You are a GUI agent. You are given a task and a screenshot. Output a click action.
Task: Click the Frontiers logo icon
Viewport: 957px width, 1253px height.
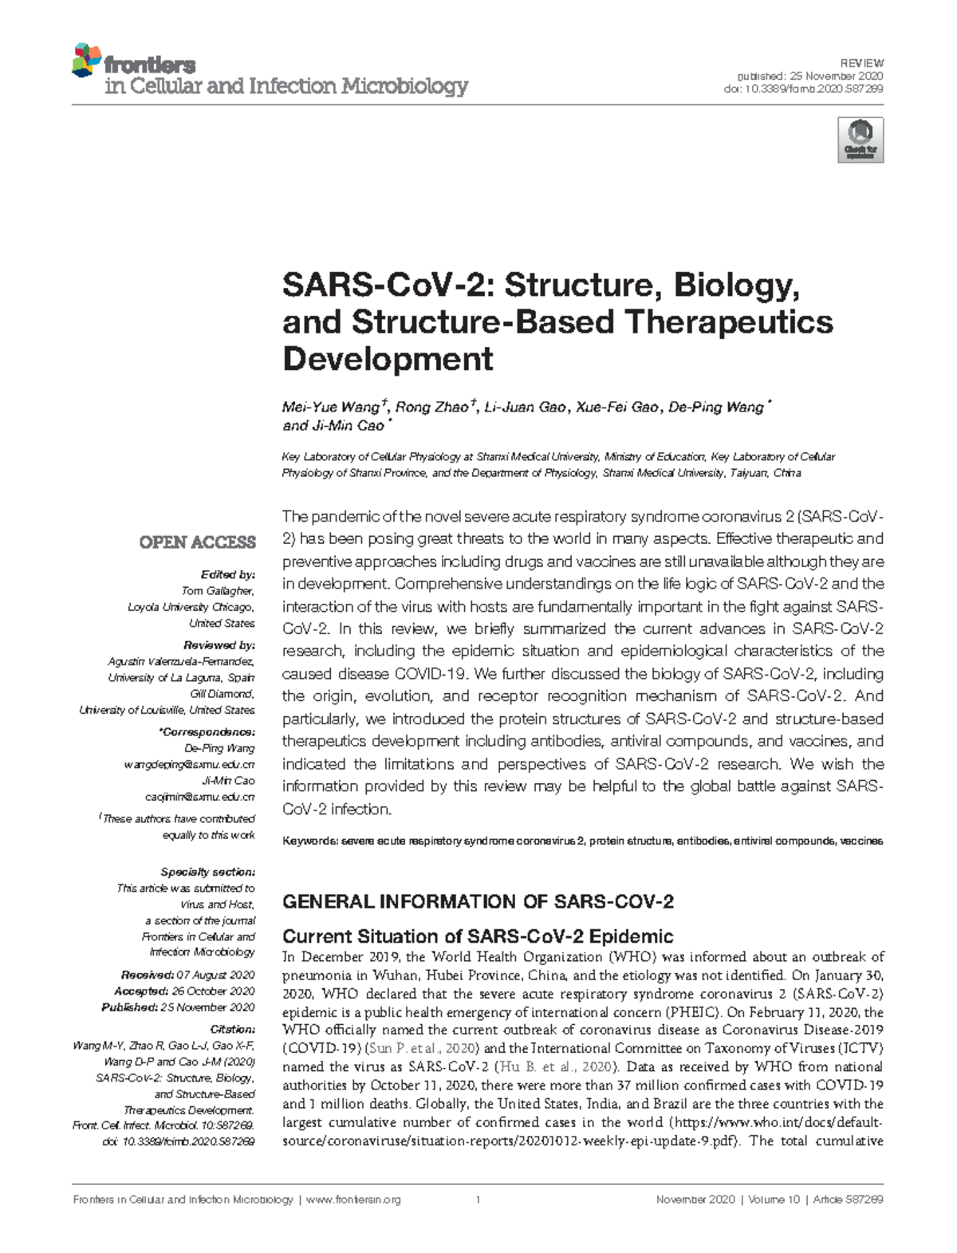pyautogui.click(x=86, y=61)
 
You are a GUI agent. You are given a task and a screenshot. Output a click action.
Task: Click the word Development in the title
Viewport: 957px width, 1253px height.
pyautogui.click(x=388, y=360)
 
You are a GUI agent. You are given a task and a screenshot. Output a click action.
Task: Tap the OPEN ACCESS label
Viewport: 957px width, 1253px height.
pyautogui.click(x=197, y=542)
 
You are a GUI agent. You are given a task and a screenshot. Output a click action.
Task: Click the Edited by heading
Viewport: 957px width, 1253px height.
pyautogui.click(x=228, y=574)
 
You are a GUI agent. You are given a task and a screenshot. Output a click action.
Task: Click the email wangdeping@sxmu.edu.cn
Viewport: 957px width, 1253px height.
pyautogui.click(x=189, y=765)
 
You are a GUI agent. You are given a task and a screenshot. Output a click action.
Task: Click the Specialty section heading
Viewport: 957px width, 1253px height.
pyautogui.click(x=207, y=872)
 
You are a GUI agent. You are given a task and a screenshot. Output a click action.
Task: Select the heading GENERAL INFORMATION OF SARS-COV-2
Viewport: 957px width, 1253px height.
pyautogui.click(x=478, y=902)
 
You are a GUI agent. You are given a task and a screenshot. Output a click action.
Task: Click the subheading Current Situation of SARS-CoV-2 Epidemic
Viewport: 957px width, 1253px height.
pyautogui.click(x=478, y=936)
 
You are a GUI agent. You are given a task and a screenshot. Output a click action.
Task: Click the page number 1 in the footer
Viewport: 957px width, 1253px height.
pyautogui.click(x=477, y=1200)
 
